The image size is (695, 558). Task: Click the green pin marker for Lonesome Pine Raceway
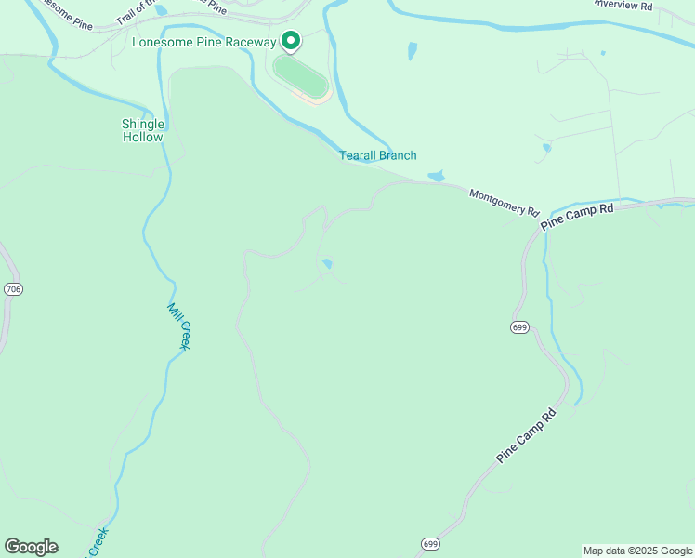pos(290,41)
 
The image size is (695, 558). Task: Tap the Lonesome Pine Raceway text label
pos(204,42)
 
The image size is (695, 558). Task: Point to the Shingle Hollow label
pos(143,130)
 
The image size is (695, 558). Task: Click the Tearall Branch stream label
pos(377,155)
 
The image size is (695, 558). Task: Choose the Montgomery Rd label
pos(505,202)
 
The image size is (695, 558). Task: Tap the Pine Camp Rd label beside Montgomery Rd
pos(577,216)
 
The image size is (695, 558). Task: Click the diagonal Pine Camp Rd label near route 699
pos(526,436)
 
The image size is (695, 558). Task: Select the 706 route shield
pos(13,290)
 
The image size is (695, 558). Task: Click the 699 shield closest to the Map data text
pos(429,543)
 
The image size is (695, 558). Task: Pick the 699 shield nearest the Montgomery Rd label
pos(518,326)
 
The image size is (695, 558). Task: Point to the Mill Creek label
pos(179,326)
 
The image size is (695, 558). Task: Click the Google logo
pos(31,547)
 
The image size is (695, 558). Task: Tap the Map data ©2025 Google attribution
pos(637,551)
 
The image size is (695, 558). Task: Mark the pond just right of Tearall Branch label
pos(436,176)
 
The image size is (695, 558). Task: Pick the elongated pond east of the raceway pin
pos(412,50)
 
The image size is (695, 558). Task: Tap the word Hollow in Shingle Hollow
pos(143,137)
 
